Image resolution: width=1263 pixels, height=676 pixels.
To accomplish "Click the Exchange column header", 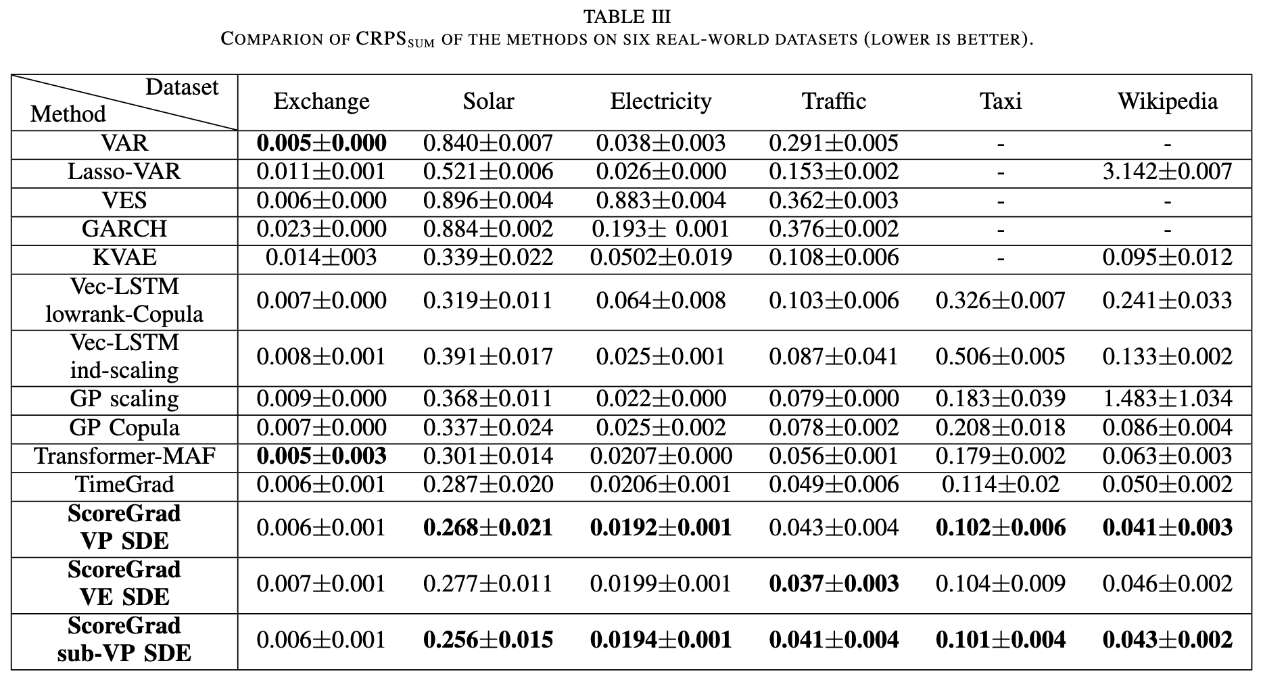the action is point(321,101).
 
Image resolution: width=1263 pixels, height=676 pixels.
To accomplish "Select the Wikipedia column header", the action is point(1167,101).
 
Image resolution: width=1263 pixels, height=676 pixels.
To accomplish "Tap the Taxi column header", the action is point(1001,101).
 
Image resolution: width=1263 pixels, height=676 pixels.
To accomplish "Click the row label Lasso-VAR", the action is point(124,172).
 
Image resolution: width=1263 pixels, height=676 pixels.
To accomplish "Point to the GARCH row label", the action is point(124,229).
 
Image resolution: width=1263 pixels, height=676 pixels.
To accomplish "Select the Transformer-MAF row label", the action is point(124,456).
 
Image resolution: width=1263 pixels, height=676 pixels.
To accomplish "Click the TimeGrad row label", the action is point(124,485).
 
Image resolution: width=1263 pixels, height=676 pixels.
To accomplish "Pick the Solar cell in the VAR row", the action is point(488,143).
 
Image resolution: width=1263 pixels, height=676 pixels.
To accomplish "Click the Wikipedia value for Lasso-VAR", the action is point(1167,172).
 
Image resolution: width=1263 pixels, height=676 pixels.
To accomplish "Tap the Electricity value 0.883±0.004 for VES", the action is point(661,201).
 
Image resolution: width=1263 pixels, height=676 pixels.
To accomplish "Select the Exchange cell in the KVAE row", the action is point(321,258).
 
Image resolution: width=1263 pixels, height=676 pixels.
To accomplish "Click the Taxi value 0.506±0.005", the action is point(1001,357).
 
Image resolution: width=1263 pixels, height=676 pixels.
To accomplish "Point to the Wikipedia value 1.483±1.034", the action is point(1167,399).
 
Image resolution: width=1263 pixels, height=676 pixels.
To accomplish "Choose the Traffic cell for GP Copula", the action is point(834,428).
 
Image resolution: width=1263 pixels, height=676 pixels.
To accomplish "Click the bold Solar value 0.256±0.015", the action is point(488,640).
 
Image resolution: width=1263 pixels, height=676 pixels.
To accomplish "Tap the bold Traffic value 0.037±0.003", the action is point(834,584).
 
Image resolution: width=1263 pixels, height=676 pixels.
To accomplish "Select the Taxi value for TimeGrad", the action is point(1001,485).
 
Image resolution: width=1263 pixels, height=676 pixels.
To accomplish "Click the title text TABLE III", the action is point(627,16).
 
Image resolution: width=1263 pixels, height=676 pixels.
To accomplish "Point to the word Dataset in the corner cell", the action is point(182,87).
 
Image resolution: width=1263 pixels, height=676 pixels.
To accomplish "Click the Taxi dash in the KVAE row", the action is point(1001,258).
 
